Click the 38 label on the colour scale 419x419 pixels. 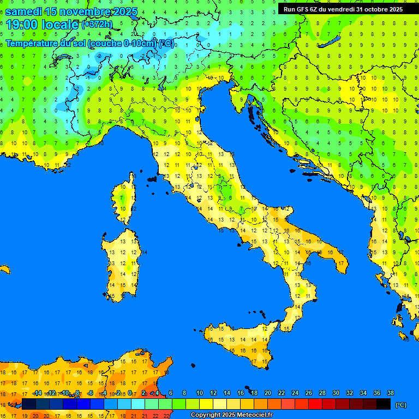[390, 393]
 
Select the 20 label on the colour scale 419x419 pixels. [267, 393]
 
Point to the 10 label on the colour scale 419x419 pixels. [199, 393]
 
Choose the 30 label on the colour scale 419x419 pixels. [336, 393]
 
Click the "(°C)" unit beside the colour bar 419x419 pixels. [400, 404]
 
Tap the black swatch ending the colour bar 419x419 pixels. [384, 404]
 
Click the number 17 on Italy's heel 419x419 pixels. [342, 263]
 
